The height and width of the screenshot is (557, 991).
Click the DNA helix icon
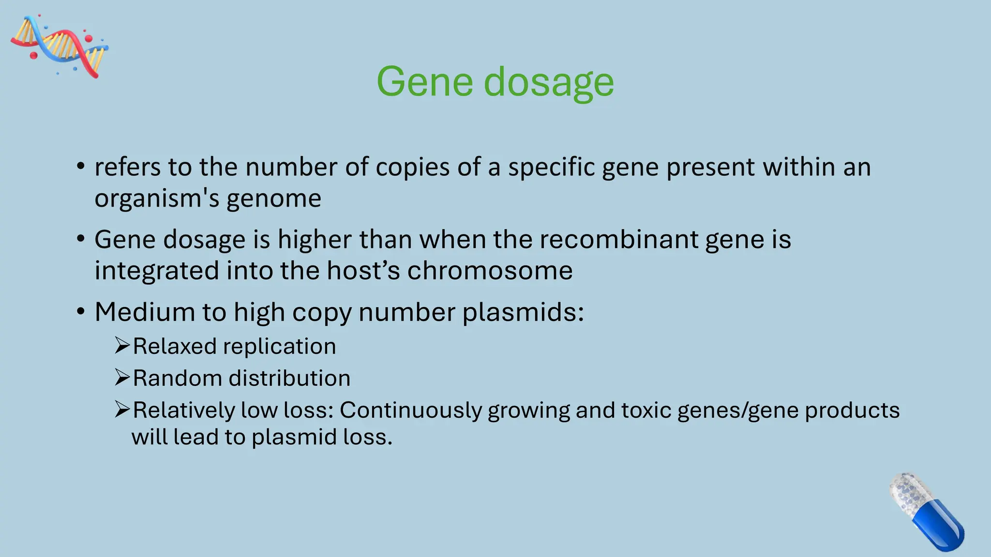click(x=59, y=46)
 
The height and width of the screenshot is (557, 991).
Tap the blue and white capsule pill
click(x=926, y=512)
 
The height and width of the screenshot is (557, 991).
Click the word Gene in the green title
click(x=424, y=82)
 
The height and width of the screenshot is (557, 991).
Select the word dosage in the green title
click(x=549, y=82)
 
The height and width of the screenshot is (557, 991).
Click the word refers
click(x=127, y=167)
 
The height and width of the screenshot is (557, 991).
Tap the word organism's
click(x=156, y=199)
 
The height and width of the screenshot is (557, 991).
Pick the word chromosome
click(x=490, y=270)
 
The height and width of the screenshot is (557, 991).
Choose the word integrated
click(x=156, y=271)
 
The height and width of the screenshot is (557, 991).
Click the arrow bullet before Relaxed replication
click(x=122, y=346)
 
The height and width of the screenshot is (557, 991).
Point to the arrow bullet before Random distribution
click(x=122, y=378)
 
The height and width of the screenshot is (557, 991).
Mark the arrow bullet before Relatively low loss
click(x=122, y=410)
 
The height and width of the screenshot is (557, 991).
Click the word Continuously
click(x=411, y=410)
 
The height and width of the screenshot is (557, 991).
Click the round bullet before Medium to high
click(x=81, y=311)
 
